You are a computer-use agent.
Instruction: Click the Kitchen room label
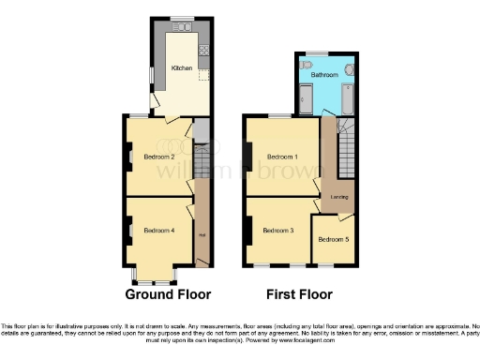[180, 68]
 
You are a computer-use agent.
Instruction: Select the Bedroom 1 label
[282, 156]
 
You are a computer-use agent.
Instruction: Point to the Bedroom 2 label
[159, 156]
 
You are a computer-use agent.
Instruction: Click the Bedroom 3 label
[278, 230]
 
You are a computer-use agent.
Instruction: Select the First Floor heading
[299, 293]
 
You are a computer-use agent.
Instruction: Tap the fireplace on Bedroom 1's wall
[247, 156]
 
